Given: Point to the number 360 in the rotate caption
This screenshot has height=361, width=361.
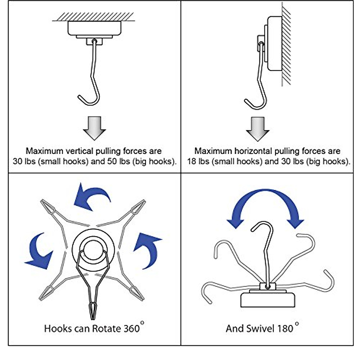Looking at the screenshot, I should pos(132,328).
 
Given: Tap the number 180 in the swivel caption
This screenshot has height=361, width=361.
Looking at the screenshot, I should pos(285,328).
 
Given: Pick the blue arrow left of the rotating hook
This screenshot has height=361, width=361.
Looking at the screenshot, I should pos(39,252).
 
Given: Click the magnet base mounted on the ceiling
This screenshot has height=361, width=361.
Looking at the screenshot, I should pos(94,28).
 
